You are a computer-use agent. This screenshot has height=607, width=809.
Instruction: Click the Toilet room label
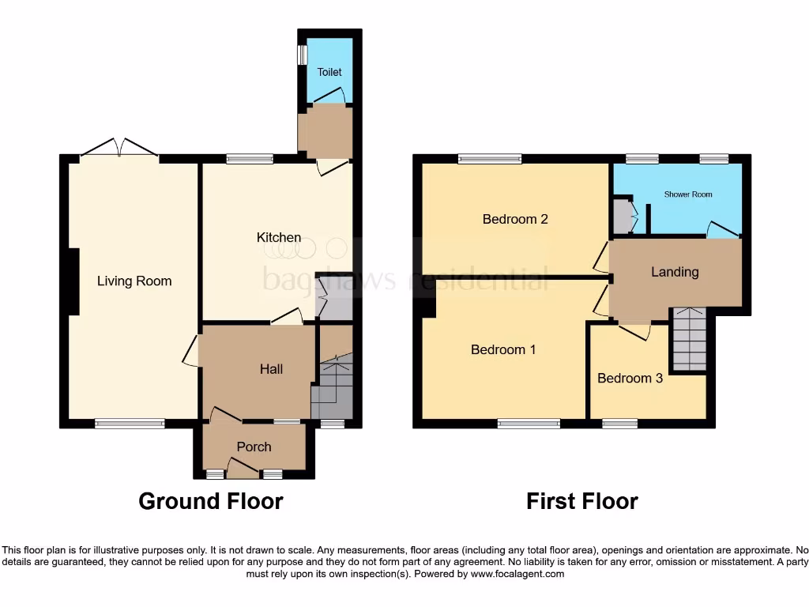(x=329, y=72)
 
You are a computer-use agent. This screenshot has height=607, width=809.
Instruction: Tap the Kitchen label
(x=278, y=237)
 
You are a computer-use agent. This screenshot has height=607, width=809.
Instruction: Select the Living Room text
(x=134, y=281)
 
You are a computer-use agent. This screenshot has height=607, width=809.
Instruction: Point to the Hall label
(x=271, y=369)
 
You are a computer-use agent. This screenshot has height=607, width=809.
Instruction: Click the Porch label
(x=254, y=447)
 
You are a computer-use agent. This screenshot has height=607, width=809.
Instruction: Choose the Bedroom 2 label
(x=515, y=219)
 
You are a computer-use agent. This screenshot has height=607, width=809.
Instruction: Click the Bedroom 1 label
(x=503, y=349)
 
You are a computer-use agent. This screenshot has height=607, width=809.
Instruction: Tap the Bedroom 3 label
(x=630, y=378)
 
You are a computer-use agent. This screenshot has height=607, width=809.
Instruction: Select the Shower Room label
(x=687, y=194)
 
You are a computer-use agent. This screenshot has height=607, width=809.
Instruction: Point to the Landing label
(x=674, y=272)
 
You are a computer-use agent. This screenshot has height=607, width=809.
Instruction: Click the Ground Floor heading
(x=210, y=501)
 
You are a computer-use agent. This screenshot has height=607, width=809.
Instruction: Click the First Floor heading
(x=582, y=501)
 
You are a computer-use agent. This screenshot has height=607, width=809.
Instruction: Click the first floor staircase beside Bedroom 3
(x=689, y=340)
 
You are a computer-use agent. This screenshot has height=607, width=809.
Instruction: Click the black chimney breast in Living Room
(x=72, y=282)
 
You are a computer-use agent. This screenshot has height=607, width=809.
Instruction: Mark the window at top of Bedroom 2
(x=490, y=159)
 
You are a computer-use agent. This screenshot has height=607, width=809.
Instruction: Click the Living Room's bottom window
(x=130, y=424)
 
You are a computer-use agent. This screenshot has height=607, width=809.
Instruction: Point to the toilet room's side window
(x=301, y=55)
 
